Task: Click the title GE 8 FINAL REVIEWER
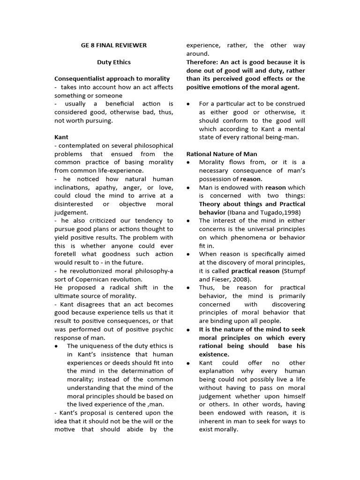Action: [114, 45]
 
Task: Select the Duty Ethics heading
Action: [114, 62]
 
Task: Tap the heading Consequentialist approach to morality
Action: [112, 79]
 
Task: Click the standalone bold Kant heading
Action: [61, 137]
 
